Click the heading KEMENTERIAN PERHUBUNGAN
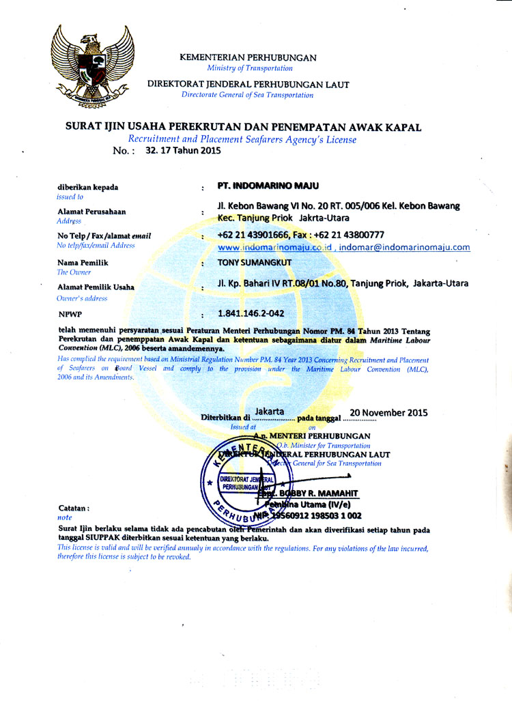click(248, 58)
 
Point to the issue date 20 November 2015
click(388, 412)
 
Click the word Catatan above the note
click(74, 509)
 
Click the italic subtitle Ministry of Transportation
click(249, 68)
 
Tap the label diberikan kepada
click(88, 187)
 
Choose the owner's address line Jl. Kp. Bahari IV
click(342, 283)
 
